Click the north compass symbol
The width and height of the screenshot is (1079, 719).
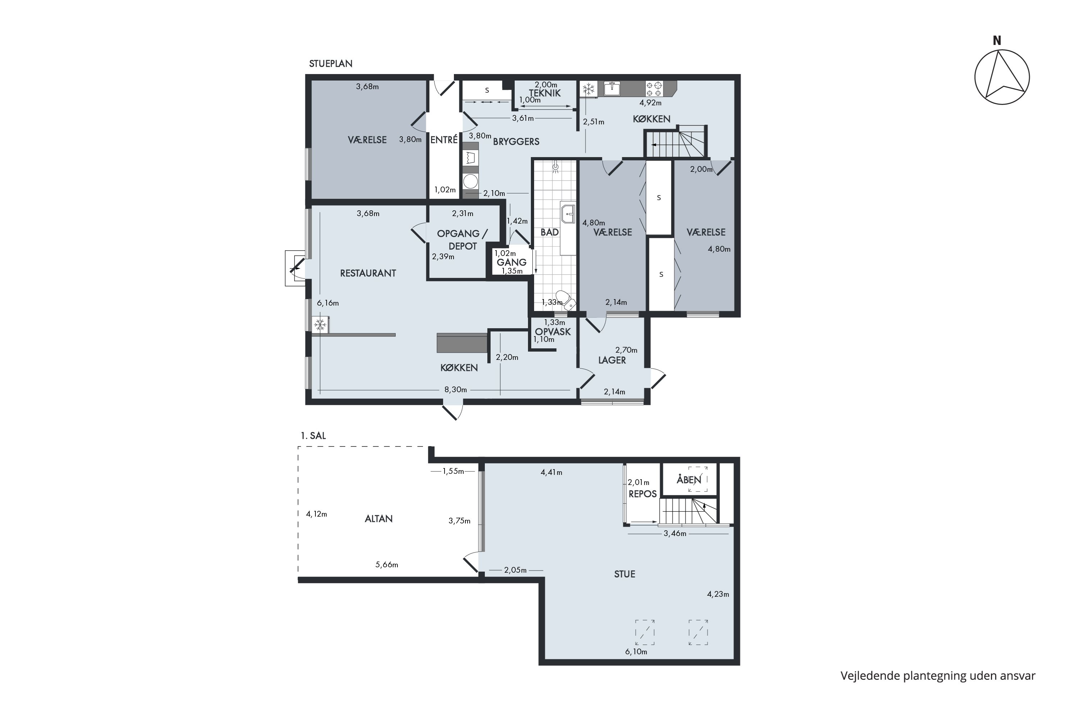[x=1002, y=77]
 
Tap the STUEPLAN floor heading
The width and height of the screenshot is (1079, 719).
[x=330, y=64]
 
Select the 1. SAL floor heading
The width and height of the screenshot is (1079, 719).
[x=313, y=436]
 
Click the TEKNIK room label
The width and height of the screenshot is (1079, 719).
[x=545, y=93]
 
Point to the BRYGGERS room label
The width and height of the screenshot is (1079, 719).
[x=516, y=142]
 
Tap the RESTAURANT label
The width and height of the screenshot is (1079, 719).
[x=368, y=273]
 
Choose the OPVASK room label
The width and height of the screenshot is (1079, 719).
[x=553, y=331]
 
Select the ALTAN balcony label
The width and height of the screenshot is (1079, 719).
[x=378, y=519]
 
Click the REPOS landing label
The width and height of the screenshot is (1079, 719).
[x=643, y=494]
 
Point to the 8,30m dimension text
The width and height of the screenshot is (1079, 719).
[x=456, y=390]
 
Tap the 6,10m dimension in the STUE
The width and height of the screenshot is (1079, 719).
[x=636, y=651]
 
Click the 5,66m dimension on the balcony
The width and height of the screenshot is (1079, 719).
[x=387, y=564]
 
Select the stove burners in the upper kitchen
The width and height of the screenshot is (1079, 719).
[x=654, y=89]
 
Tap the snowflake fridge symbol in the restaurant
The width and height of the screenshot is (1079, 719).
[x=320, y=325]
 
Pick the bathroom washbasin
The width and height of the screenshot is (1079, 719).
[x=568, y=214]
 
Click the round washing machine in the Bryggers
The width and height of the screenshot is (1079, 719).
[x=470, y=181]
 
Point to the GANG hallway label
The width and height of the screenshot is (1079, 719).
[x=511, y=262]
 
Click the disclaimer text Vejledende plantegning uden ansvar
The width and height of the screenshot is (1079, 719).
[x=938, y=676]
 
